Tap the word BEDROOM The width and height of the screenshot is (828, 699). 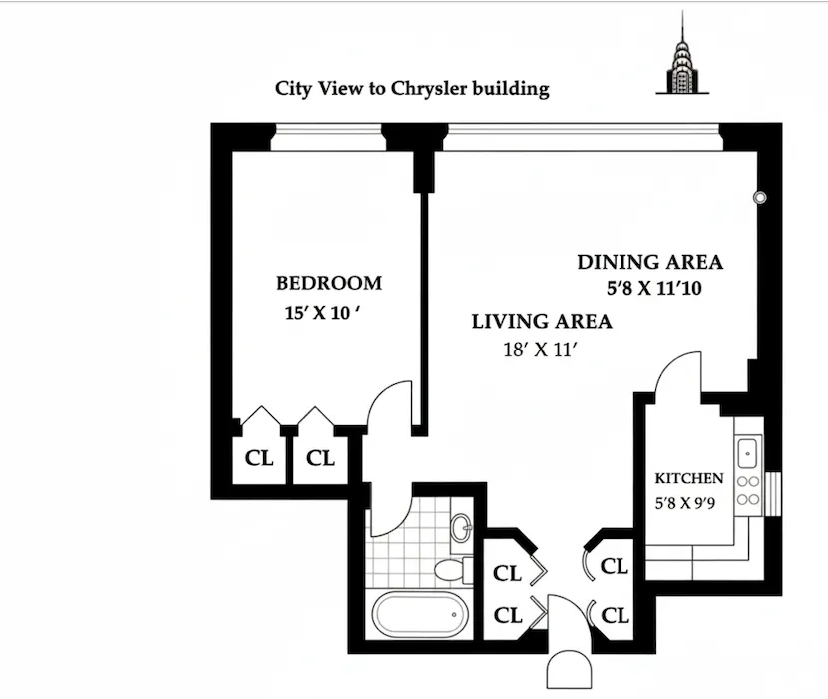[329, 283]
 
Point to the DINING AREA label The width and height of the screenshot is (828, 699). [649, 262]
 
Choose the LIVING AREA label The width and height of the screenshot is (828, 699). [541, 321]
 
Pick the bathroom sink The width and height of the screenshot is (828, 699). [460, 527]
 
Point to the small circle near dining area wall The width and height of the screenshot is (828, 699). [760, 198]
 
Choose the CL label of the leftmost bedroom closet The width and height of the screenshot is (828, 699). [259, 458]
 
